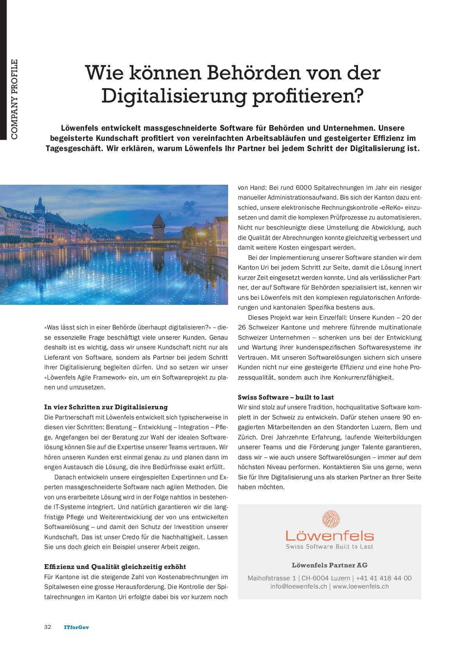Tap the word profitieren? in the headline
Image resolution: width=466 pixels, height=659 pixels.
pos(309,96)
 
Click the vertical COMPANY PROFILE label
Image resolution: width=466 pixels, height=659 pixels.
pos(14,99)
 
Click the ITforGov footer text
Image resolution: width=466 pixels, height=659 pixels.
pos(76,627)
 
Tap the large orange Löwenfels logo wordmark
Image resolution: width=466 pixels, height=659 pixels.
pos(329,535)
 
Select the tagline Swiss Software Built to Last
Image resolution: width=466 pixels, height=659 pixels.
pos(329,546)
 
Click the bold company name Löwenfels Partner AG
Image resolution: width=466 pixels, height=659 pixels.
pos(329,565)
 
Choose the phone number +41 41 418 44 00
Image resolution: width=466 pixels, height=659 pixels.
pos(384,578)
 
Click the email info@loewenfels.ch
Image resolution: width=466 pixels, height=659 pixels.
pos(299,586)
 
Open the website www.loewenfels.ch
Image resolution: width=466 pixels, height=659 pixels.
pos(361,586)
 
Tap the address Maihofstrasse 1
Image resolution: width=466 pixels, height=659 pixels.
pos(272,578)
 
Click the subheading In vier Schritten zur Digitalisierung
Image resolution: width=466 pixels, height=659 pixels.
pos(106,407)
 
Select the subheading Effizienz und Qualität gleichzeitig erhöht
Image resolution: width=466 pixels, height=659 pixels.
pos(115,567)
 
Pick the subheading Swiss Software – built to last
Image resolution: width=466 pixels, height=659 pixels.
pos(286,397)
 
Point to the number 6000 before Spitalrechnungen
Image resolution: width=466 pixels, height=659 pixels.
pos(304,188)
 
